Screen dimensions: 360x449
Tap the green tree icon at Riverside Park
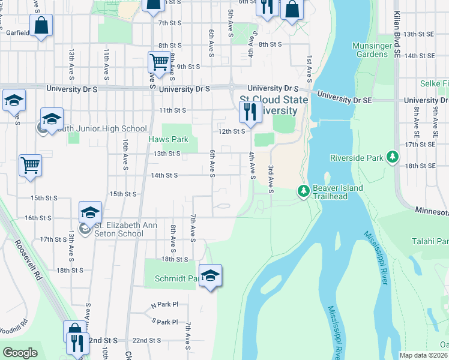click(x=393, y=157)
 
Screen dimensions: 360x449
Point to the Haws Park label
click(x=169, y=140)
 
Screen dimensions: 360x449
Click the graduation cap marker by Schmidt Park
click(x=210, y=275)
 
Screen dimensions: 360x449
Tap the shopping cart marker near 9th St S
click(x=158, y=62)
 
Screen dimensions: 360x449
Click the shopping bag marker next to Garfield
click(x=42, y=25)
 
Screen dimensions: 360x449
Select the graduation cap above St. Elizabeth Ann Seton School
click(x=90, y=212)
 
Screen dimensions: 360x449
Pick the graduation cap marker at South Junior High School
click(x=52, y=118)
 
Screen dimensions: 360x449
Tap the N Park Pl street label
click(x=165, y=305)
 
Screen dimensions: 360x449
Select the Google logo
click(x=20, y=353)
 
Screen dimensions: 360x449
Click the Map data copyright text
click(x=424, y=355)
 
